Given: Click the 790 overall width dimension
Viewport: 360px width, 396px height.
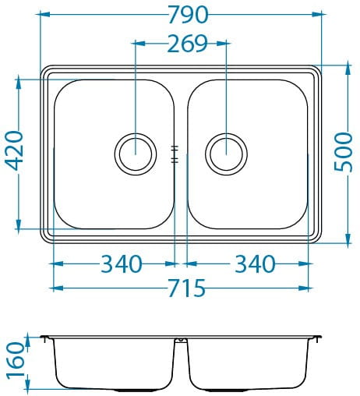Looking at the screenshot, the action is (x=188, y=15).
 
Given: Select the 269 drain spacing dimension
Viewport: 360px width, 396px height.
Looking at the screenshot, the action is (x=188, y=44).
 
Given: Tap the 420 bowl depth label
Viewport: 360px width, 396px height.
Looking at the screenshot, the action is (x=14, y=150).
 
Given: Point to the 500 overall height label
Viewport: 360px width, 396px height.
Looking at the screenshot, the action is (x=343, y=152).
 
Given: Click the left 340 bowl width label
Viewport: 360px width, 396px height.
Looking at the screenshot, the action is (x=122, y=264).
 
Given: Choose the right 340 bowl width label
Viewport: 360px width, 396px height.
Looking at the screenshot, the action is (x=255, y=264).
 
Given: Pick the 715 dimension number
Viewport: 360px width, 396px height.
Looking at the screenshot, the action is (x=187, y=288).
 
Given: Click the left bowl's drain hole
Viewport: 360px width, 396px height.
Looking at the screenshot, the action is (x=136, y=154).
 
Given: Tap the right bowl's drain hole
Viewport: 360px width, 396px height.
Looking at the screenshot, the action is (x=226, y=154).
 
